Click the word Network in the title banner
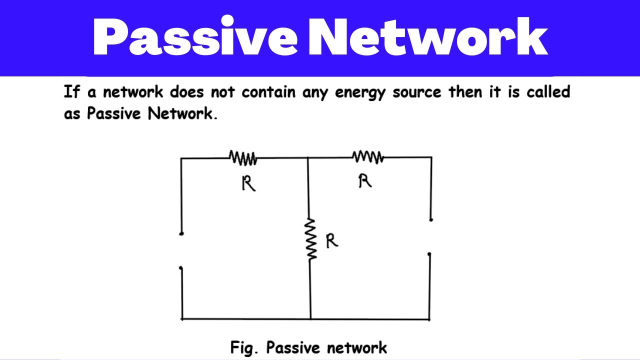tap(428, 38)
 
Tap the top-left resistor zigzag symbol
tap(243, 158)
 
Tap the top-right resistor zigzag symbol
tap(368, 157)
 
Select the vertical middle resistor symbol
tap(311, 239)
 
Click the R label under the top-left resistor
tap(248, 184)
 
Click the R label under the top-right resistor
tap(365, 181)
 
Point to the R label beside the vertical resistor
tap(331, 241)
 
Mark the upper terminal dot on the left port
tap(181, 233)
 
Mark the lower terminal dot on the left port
tap(181, 268)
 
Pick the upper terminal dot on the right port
tap(431, 219)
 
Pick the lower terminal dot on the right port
tap(429, 254)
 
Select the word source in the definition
tap(416, 92)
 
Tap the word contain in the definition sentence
tap(269, 92)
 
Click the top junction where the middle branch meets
tap(307, 158)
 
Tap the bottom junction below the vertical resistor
tap(310, 318)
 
